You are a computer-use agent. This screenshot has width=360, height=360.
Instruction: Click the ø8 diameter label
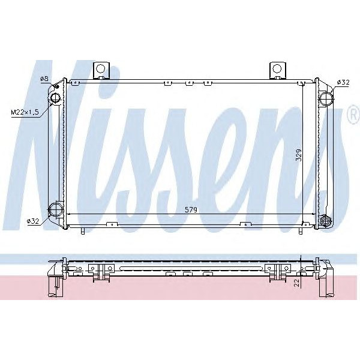43,79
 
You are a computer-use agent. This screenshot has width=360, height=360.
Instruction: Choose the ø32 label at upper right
344,82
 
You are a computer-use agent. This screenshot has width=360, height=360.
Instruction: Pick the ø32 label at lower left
33,221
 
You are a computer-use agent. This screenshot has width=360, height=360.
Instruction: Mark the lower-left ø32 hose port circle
55,209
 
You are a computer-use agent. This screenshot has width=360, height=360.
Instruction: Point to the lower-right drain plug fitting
326,220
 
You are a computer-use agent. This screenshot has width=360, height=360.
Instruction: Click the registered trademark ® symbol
353,116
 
